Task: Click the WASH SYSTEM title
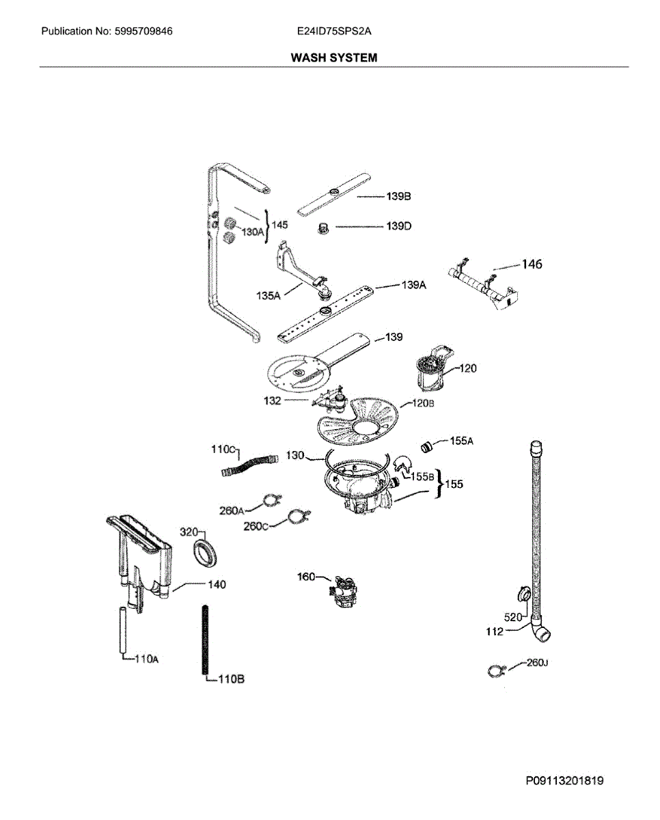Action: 333,58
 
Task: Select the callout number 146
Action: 532,264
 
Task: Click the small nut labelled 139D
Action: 325,228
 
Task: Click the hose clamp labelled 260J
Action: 495,671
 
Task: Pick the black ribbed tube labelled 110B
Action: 205,639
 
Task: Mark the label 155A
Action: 461,441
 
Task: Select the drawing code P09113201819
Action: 564,781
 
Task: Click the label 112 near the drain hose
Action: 495,631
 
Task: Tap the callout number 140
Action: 217,584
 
